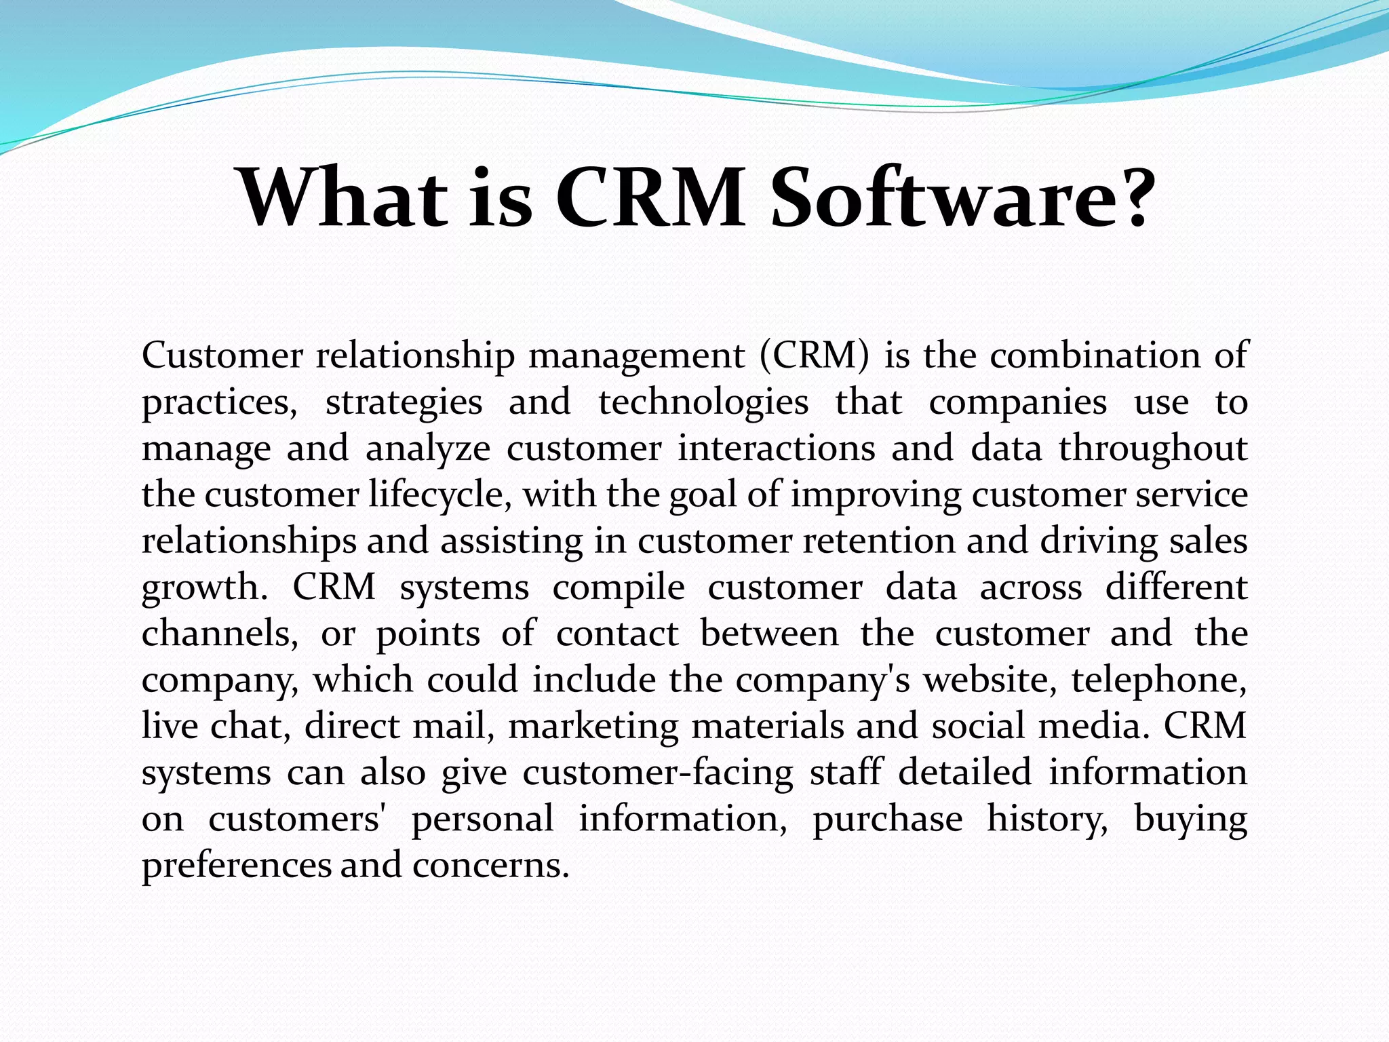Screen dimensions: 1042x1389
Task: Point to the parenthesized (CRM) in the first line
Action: [x=814, y=355]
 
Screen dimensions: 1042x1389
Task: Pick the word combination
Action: [x=1095, y=355]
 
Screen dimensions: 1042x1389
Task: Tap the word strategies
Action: [x=404, y=403]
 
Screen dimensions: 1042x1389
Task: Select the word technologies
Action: [x=703, y=403]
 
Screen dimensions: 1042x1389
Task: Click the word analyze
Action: [x=427, y=449]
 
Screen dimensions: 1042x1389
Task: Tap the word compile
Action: [x=619, y=587]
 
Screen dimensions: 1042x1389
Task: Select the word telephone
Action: [x=1158, y=680]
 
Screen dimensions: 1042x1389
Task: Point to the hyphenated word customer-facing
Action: [x=658, y=773]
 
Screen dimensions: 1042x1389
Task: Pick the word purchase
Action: [x=887, y=819]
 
